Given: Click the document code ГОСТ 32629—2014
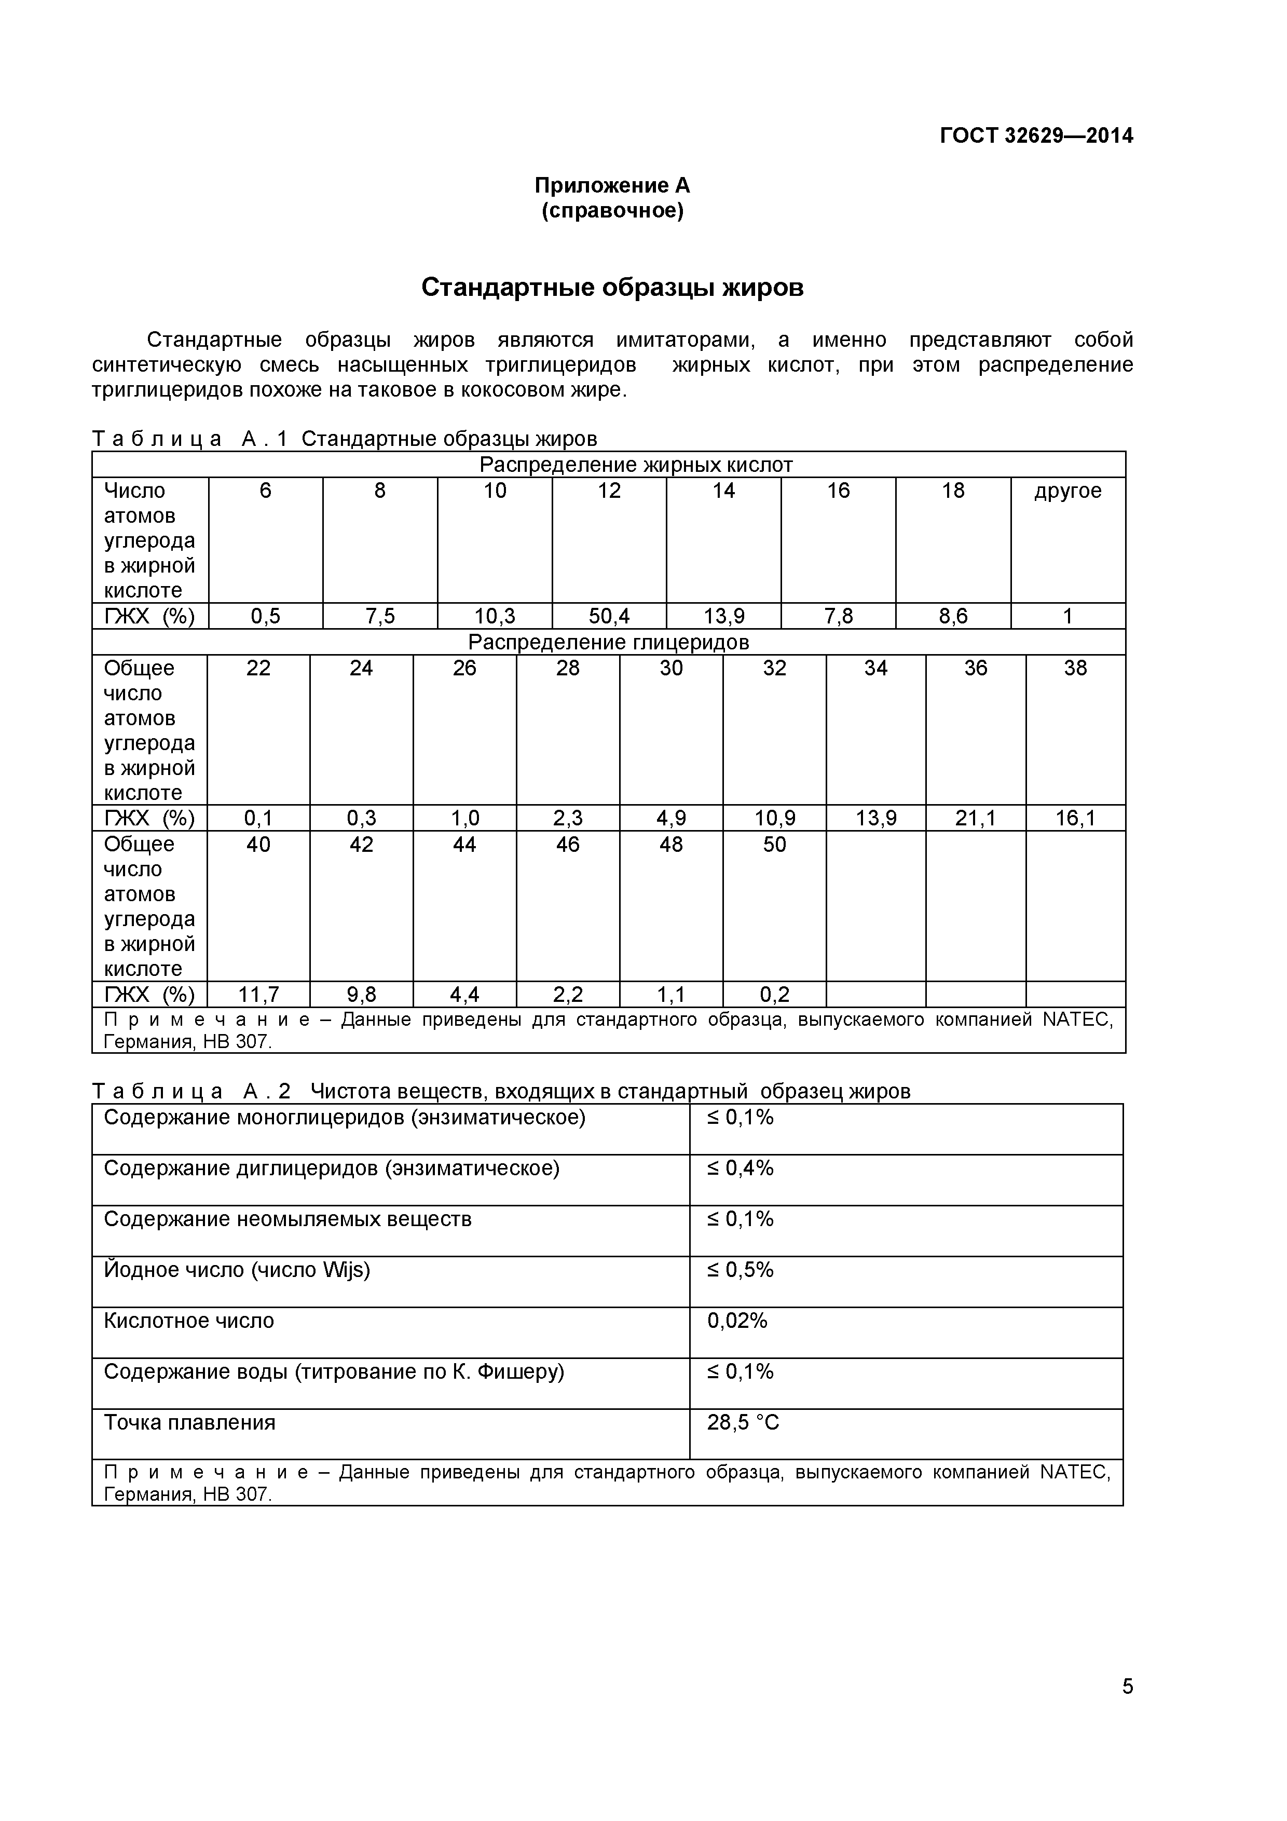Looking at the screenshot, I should [1036, 135].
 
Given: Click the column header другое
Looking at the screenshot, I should [1067, 491].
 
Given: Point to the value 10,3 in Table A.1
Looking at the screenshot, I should [494, 616].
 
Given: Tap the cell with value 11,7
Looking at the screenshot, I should [258, 995].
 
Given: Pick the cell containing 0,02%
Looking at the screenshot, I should [737, 1321].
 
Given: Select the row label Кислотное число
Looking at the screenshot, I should [189, 1321].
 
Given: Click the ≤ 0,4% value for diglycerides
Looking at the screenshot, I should [740, 1168].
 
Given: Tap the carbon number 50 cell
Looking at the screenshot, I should [774, 845].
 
